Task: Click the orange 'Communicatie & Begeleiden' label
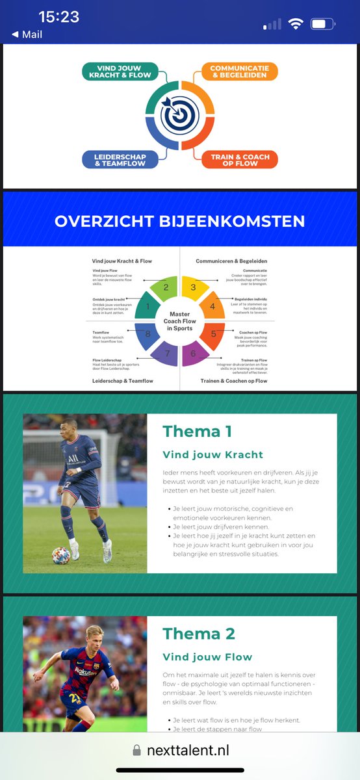[240, 71]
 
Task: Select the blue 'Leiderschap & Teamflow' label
[120, 160]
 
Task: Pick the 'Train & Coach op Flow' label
[239, 160]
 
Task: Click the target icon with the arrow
[179, 116]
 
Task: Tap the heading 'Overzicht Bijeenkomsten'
[179, 221]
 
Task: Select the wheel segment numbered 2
[166, 287]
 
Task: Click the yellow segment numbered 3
[193, 287]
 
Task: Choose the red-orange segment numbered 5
[212, 334]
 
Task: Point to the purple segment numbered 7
[166, 354]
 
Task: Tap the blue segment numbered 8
[147, 334]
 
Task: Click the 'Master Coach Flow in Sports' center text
[179, 320]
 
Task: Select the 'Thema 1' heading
[197, 431]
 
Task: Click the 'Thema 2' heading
[198, 634]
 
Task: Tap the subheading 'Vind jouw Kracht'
[212, 454]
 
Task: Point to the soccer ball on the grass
[61, 554]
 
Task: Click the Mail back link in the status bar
[27, 34]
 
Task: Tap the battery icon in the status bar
[322, 25]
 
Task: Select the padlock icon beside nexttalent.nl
[136, 750]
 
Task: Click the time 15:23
[58, 17]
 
